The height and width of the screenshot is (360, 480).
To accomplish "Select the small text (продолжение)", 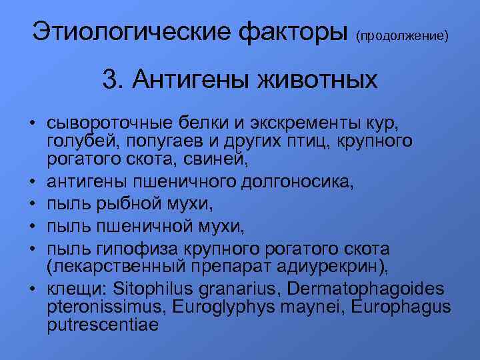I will (x=401, y=34).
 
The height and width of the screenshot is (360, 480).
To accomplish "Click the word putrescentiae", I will (x=103, y=326).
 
